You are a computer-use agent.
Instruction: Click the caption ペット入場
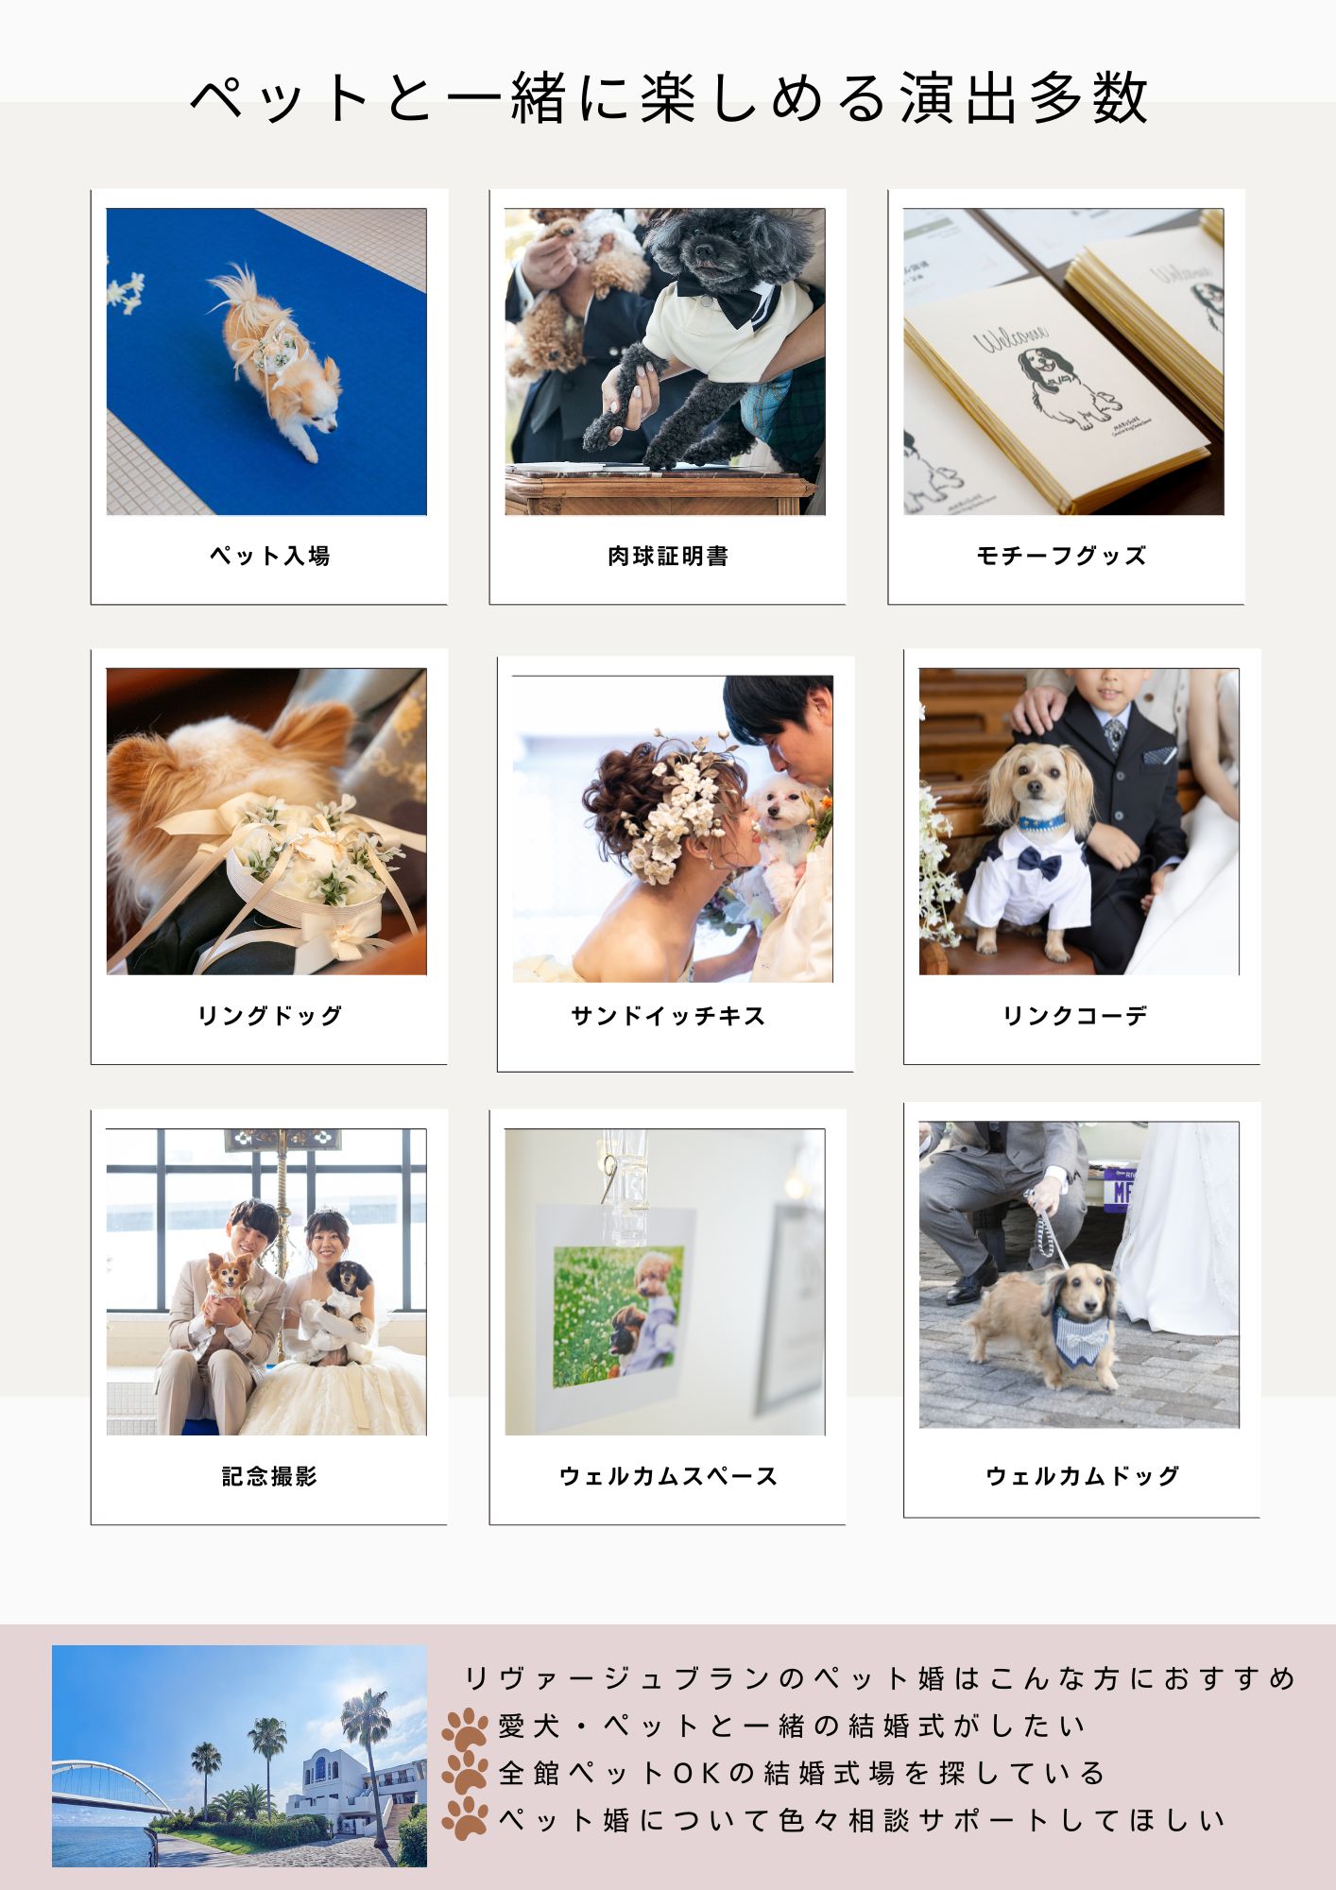[x=269, y=556]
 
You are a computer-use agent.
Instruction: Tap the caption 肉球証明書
[x=668, y=556]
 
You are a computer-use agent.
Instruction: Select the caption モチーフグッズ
[x=1061, y=556]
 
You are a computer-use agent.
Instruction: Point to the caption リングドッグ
[x=269, y=1016]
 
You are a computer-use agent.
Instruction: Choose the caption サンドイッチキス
[x=668, y=1016]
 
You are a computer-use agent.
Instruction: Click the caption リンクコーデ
[x=1075, y=1016]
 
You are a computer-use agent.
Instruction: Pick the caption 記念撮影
[x=269, y=1476]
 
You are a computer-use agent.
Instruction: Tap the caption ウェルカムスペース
[x=668, y=1476]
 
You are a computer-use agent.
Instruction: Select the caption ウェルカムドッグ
[x=1082, y=1476]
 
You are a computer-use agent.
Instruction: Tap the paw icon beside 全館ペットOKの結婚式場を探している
[x=464, y=1774]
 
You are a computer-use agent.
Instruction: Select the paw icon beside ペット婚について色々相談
[x=464, y=1818]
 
